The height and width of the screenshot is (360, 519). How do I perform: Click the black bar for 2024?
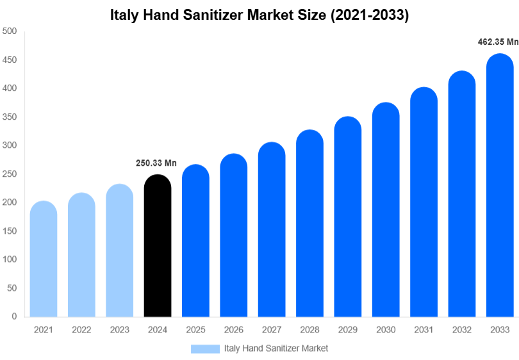click(158, 247)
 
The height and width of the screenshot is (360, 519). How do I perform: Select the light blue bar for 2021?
click(44, 259)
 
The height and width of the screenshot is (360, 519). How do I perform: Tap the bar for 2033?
click(500, 186)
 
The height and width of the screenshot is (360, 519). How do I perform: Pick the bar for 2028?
click(309, 224)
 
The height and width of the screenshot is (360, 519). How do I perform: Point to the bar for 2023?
click(120, 251)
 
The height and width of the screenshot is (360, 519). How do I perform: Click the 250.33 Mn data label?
click(156, 163)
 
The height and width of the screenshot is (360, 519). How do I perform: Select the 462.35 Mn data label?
click(498, 42)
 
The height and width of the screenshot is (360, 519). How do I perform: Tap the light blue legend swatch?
click(205, 348)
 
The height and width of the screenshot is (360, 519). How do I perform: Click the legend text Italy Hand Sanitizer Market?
click(276, 348)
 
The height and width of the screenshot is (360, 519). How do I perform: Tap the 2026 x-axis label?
click(233, 330)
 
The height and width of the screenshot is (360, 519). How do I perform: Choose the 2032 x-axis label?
click(461, 330)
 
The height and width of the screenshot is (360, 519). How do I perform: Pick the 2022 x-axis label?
click(81, 330)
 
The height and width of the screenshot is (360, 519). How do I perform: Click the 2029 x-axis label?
click(347, 330)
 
